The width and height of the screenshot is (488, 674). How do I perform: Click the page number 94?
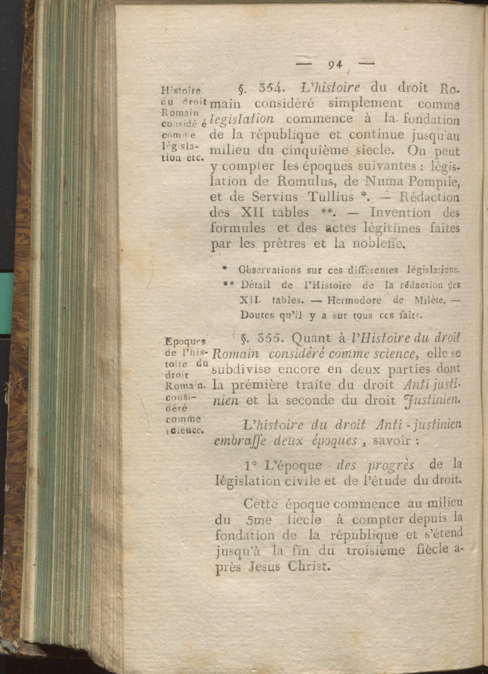[335, 64]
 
